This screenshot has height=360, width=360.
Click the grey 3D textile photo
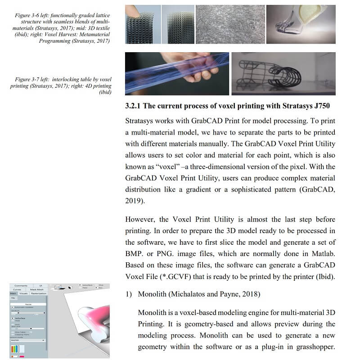click(230, 24)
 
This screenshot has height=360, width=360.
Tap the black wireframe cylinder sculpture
click(279, 72)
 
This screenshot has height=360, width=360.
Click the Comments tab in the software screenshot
click(21, 285)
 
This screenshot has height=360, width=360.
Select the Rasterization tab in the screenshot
click(38, 293)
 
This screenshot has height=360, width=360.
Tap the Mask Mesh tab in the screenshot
click(37, 289)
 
